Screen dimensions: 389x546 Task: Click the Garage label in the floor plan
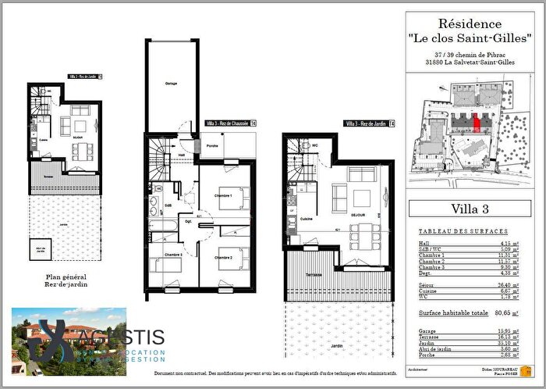point(170,82)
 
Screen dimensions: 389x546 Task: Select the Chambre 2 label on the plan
point(225,258)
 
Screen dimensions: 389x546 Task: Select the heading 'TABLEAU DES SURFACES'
point(463,232)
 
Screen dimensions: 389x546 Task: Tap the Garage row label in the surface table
point(428,332)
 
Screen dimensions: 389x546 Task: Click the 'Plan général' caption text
point(64,277)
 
